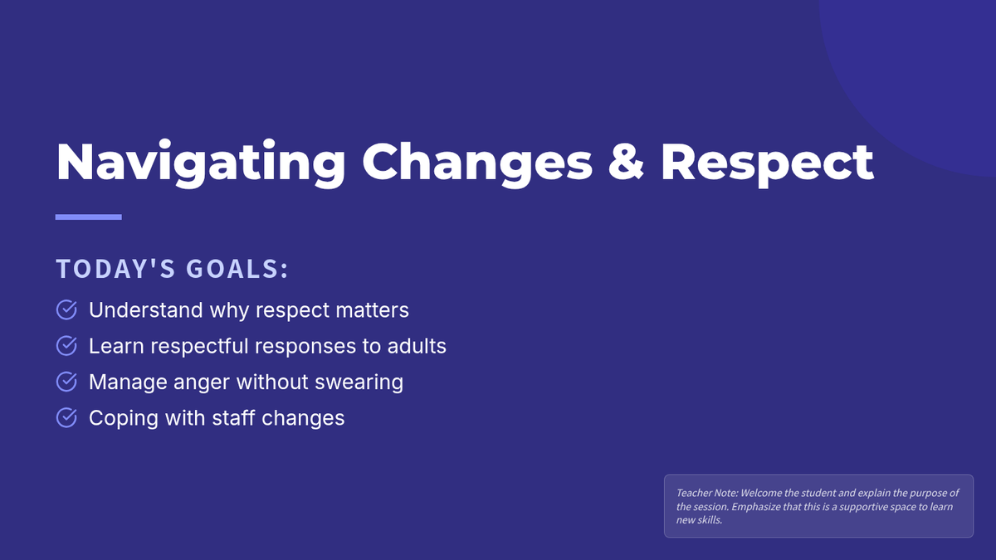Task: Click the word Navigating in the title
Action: tap(201, 163)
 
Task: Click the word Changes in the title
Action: tap(477, 163)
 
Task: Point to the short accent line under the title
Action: tap(89, 217)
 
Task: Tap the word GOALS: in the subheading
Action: tap(237, 269)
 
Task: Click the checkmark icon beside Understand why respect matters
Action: tap(66, 309)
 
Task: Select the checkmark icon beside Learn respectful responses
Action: tap(66, 346)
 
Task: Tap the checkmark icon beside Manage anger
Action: tap(66, 382)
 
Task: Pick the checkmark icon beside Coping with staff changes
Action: tap(66, 418)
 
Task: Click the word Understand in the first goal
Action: tap(146, 309)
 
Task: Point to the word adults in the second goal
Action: tap(417, 346)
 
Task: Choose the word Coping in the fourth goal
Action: tap(124, 419)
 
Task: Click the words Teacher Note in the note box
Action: tap(707, 493)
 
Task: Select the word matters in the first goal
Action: tap(372, 310)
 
